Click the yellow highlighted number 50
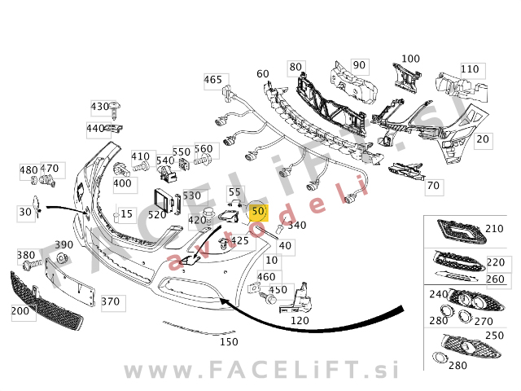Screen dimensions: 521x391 coord(258,211)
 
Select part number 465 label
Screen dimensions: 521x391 coord(213,80)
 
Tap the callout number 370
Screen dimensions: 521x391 coord(111,301)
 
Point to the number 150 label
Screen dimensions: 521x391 coord(229,342)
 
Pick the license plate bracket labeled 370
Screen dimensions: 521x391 coord(70,282)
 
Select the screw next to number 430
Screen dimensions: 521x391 coord(115,110)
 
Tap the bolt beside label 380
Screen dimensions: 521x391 coord(33,264)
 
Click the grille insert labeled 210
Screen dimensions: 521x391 coord(462,231)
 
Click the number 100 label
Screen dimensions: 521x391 coord(410,59)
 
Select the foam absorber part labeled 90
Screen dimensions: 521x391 coord(353,83)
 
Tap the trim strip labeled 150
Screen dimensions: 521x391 coord(199,328)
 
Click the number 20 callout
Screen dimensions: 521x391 coord(483,139)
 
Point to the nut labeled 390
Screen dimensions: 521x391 coord(62,257)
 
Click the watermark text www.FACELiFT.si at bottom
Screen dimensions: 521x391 coord(261,370)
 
